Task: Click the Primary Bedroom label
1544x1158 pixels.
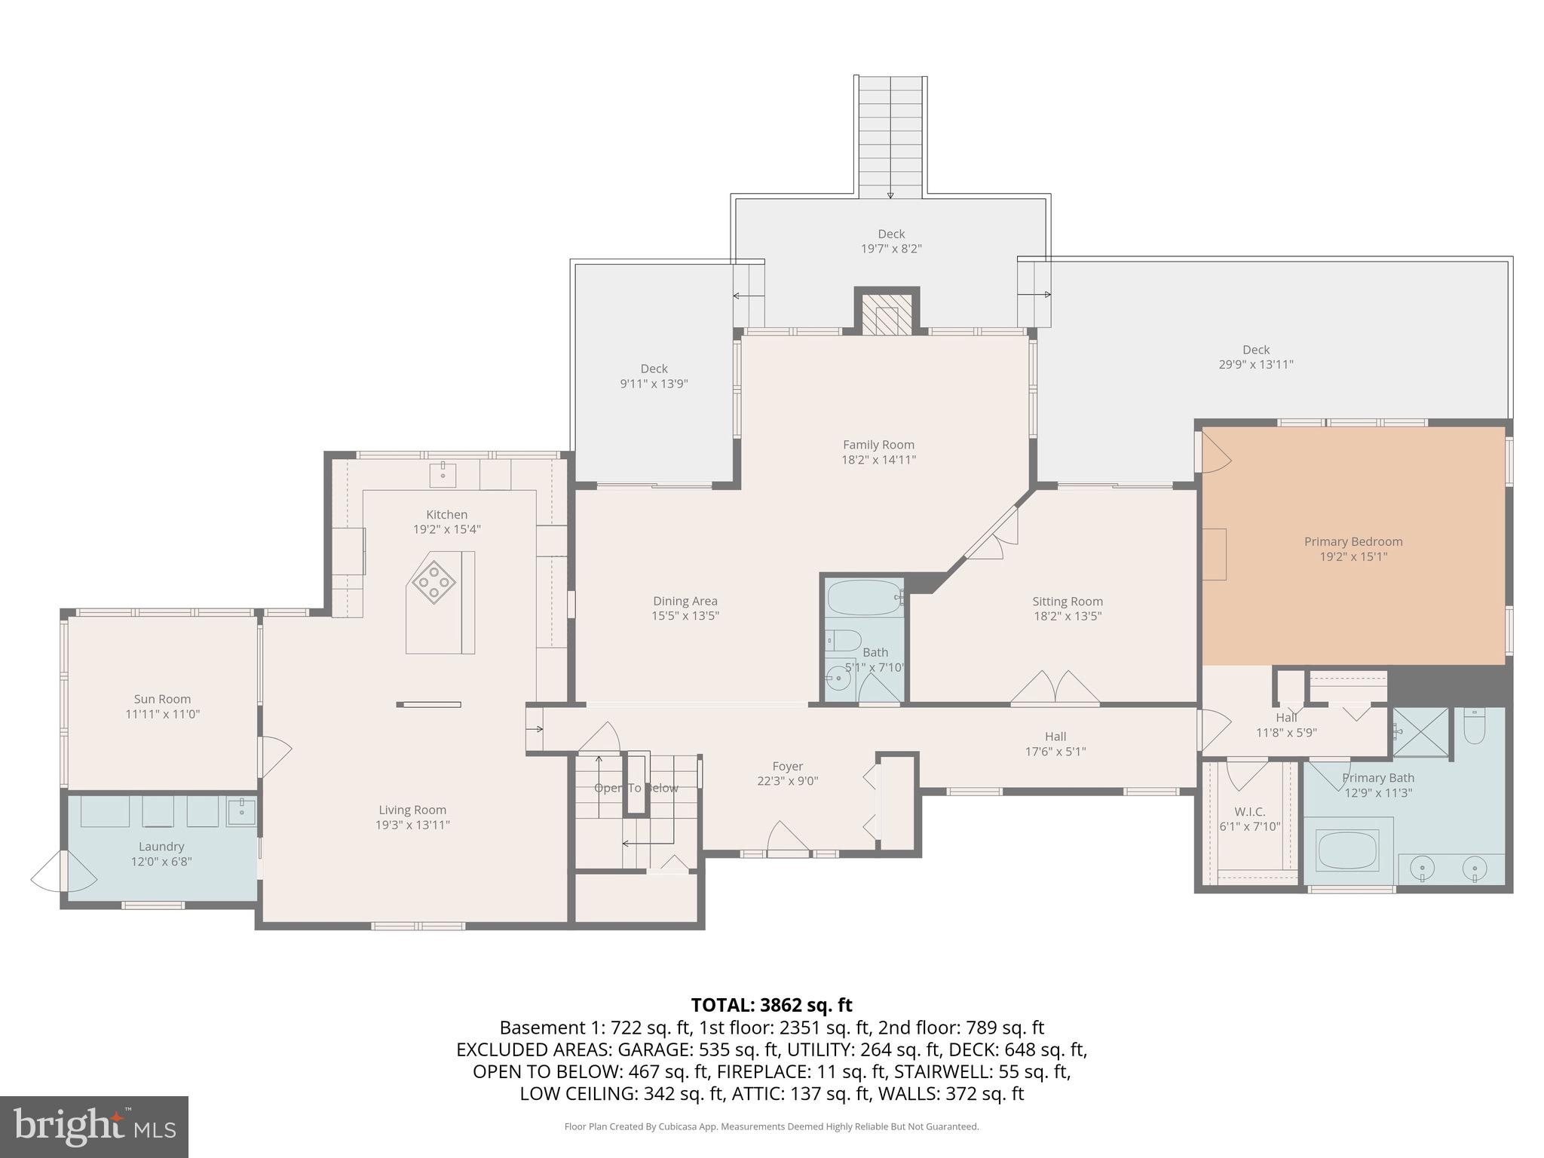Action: [x=1353, y=541]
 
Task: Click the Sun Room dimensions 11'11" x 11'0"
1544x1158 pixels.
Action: [x=162, y=714]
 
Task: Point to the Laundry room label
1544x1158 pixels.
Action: [x=161, y=847]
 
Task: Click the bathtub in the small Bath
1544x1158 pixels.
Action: [x=864, y=598]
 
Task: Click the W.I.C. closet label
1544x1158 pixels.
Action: [x=1250, y=811]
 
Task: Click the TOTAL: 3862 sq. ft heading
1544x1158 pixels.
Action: [x=771, y=1005]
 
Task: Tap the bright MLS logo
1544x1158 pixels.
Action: [x=94, y=1127]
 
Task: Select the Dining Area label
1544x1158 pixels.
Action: [x=685, y=601]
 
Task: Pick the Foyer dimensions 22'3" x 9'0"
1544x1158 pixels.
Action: [x=787, y=781]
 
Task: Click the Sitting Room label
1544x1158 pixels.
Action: [x=1067, y=601]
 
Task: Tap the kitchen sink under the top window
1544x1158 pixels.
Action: [x=443, y=475]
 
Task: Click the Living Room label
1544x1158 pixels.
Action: [x=412, y=810]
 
